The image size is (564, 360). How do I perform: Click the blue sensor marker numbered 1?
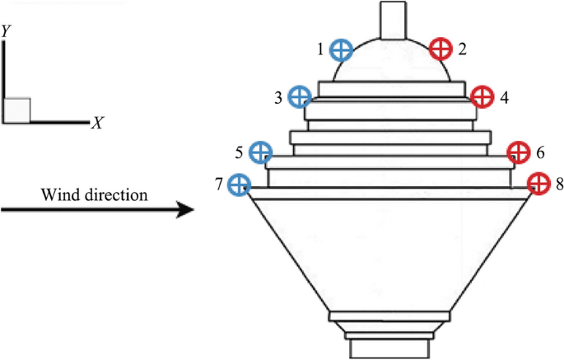[x=341, y=50]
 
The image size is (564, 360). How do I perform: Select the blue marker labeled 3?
[x=301, y=97]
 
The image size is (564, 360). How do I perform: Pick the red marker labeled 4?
[x=481, y=96]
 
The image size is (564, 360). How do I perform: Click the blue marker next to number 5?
[x=260, y=152]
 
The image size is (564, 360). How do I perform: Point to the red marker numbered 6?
[x=518, y=152]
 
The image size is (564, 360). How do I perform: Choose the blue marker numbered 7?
[x=240, y=184]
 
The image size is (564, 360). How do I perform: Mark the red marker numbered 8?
[x=538, y=183]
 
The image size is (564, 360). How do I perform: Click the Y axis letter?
[x=6, y=30]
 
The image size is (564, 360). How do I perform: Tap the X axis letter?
[x=97, y=124]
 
